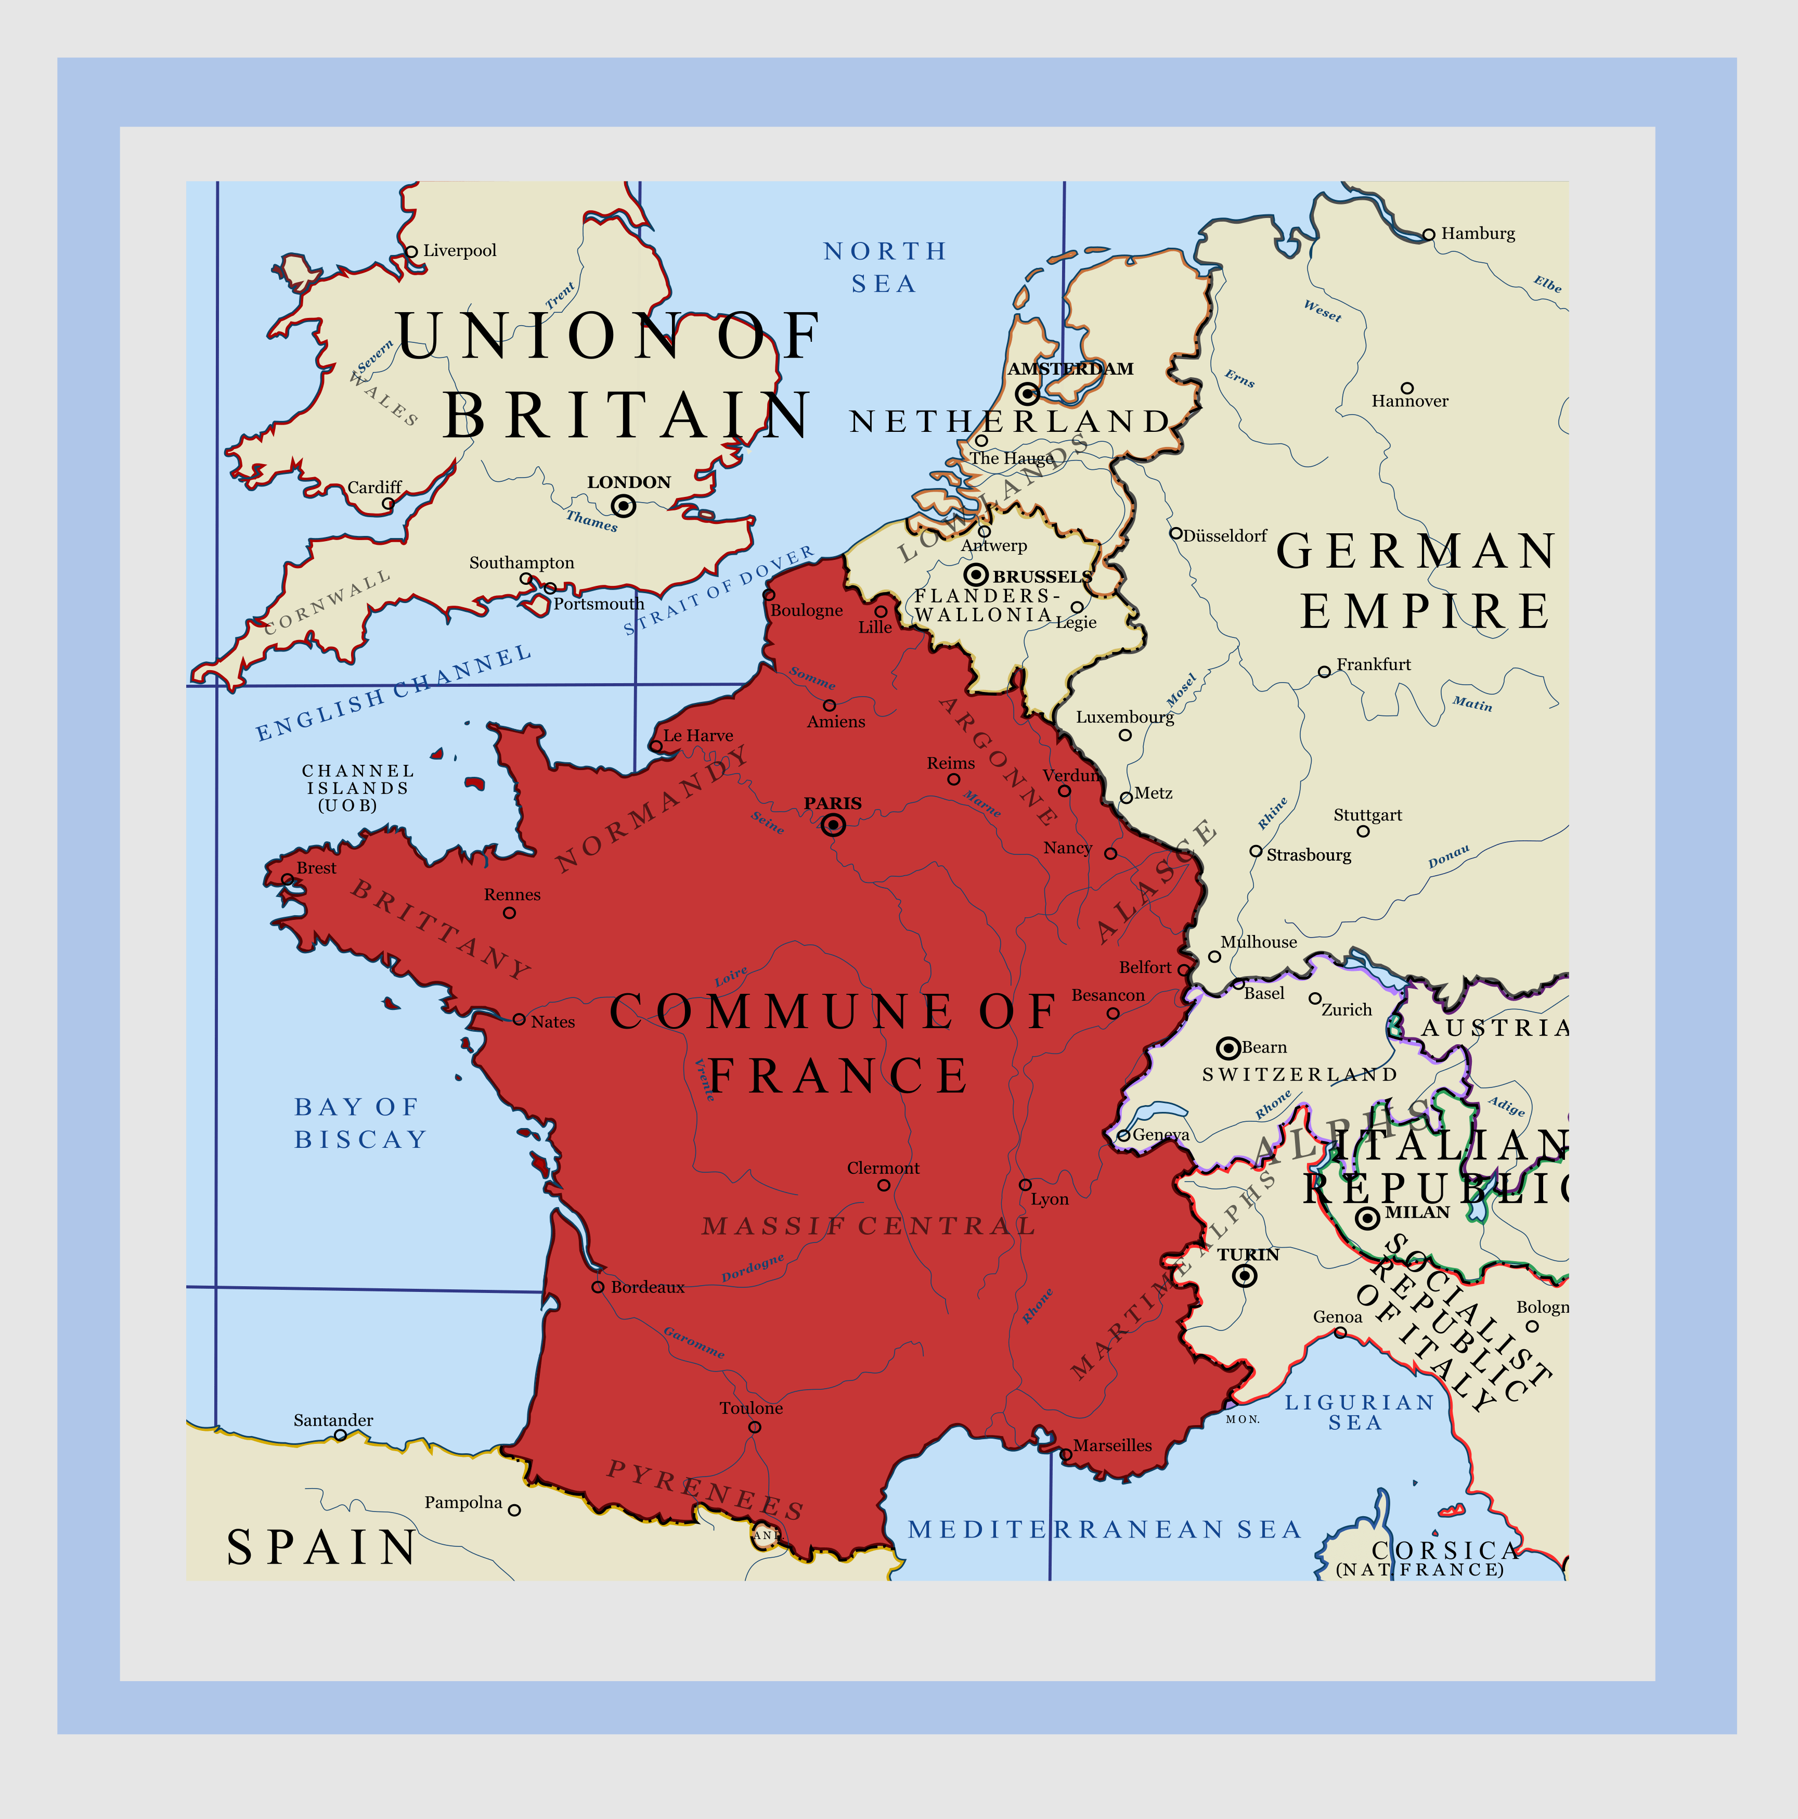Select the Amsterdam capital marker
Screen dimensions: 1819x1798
[1028, 393]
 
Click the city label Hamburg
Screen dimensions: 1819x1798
[1478, 234]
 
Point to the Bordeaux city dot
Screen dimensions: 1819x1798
[598, 1286]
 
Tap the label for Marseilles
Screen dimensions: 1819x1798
[1112, 1445]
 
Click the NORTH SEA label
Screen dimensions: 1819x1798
[885, 267]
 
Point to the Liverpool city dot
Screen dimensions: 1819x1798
[411, 251]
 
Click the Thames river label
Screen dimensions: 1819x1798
[592, 520]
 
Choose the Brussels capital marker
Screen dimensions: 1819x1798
[976, 574]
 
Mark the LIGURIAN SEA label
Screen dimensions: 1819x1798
[1359, 1412]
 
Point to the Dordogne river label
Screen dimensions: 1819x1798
[752, 1268]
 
